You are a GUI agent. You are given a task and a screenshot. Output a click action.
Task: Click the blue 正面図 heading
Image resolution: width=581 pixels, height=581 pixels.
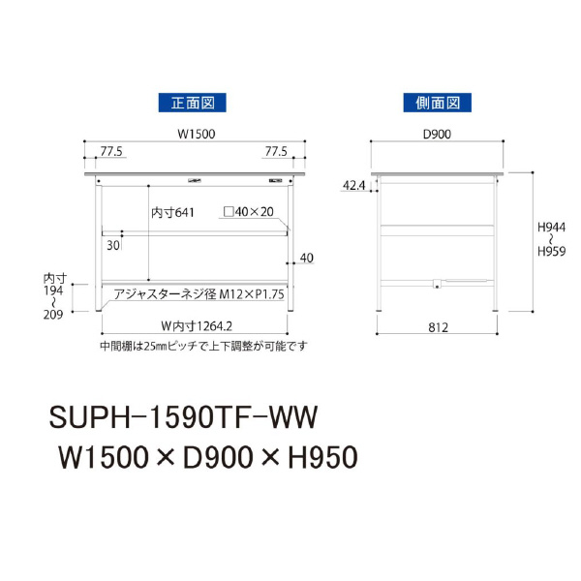(193, 103)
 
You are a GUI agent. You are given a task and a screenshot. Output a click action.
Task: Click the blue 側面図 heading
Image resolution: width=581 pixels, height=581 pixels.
(438, 103)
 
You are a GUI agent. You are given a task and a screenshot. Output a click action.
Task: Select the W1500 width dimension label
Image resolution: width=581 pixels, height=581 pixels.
(196, 134)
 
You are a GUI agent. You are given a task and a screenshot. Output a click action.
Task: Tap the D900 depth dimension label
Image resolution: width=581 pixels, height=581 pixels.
(438, 134)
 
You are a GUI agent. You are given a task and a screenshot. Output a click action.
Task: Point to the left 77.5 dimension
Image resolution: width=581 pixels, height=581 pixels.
(111, 151)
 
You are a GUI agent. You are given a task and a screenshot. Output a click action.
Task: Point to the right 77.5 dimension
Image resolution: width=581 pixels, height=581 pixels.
(276, 151)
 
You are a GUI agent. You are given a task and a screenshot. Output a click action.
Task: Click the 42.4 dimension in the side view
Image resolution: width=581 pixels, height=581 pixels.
(353, 185)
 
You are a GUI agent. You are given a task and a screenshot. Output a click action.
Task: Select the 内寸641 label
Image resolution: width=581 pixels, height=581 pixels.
(172, 213)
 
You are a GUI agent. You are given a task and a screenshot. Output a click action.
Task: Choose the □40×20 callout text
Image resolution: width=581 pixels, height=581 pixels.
(249, 211)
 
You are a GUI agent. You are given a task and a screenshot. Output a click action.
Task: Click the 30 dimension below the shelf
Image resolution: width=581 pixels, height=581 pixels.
(113, 245)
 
